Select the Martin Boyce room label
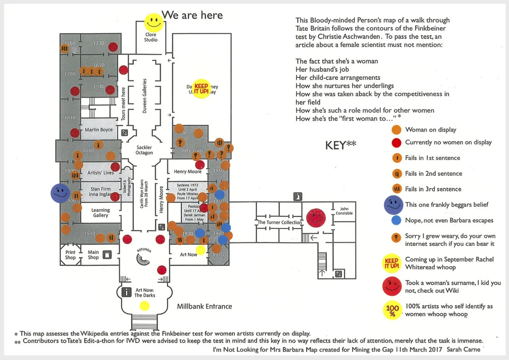click(x=99, y=130)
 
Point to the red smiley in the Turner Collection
click(x=317, y=218)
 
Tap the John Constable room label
click(x=344, y=211)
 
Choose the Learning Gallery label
click(x=101, y=212)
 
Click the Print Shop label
click(x=70, y=255)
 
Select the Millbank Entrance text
click(x=204, y=306)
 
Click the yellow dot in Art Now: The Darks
click(x=145, y=305)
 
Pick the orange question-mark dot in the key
click(x=397, y=236)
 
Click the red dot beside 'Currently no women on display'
click(x=397, y=142)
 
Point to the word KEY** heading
click(x=340, y=145)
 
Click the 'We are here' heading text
click(x=192, y=15)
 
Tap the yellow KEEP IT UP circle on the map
click(x=201, y=89)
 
